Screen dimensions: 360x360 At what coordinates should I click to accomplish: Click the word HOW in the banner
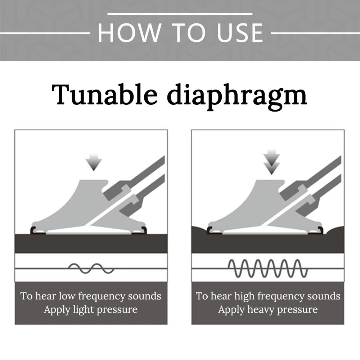pos(129,33)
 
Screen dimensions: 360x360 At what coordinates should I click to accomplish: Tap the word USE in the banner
pos(239,33)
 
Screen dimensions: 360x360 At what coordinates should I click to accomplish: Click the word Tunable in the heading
pos(104,94)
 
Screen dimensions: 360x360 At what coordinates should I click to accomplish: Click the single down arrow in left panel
pos(94,162)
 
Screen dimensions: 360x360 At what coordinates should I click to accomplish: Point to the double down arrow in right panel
pos(271,162)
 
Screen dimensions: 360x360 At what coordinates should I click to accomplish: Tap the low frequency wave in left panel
pos(91,269)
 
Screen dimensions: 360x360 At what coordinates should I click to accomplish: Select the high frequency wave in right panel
pos(267,269)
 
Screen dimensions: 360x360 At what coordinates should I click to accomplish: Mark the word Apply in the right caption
pos(231,310)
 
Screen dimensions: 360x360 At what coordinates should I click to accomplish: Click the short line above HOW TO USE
pos(180,14)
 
